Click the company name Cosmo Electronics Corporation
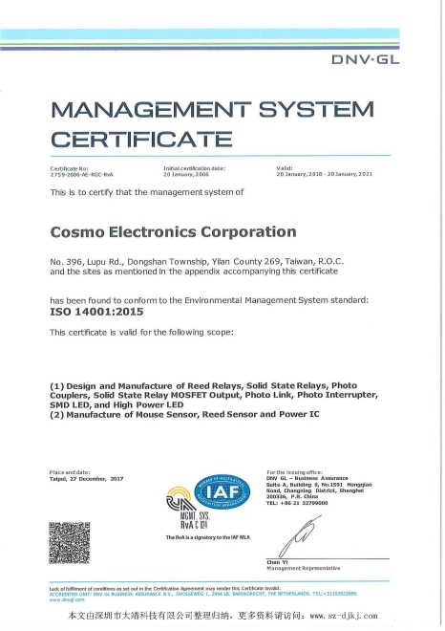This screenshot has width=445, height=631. pos(173,231)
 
